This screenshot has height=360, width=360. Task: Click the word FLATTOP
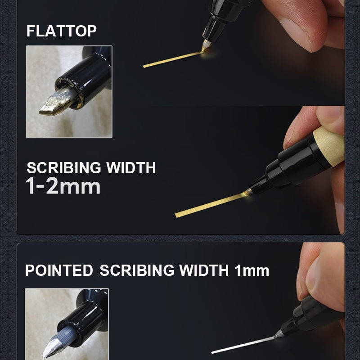tap(61, 31)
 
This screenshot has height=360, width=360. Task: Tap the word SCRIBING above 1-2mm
tap(64, 167)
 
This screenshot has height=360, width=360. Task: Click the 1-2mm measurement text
tap(63, 186)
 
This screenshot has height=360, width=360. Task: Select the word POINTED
tap(59, 270)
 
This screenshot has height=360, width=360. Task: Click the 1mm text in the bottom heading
tap(252, 270)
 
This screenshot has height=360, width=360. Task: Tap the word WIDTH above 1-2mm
tap(131, 167)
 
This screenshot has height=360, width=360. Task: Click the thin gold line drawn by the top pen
tap(173, 59)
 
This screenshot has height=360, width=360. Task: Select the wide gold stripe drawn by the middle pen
tap(210, 205)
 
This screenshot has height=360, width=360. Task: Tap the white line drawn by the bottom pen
tap(243, 345)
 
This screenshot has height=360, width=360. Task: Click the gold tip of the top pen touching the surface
tap(206, 45)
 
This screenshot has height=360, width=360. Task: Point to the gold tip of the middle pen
tap(247, 192)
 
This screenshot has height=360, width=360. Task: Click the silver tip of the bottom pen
tap(279, 334)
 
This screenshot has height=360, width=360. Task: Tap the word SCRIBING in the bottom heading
tap(137, 270)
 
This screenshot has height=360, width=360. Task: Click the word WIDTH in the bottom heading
tap(204, 270)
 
